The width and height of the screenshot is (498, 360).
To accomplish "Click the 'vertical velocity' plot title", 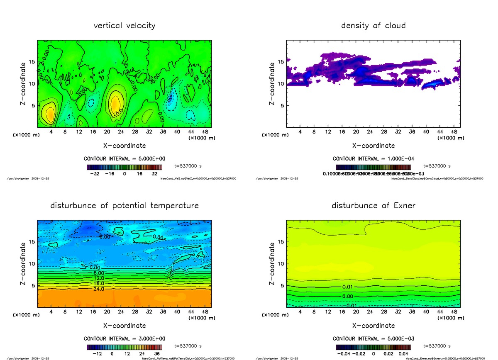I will [x=124, y=26].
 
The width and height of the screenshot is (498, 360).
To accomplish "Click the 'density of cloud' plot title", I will [x=373, y=26].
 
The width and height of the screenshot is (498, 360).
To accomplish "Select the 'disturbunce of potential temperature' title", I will [x=124, y=206].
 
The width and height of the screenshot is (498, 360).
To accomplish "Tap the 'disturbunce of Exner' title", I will [x=373, y=206].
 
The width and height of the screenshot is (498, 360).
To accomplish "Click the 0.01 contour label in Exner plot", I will [x=348, y=287].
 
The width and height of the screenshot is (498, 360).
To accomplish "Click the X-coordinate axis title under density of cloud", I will [x=373, y=146].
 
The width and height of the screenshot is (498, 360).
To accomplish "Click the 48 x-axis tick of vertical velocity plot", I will [x=205, y=131].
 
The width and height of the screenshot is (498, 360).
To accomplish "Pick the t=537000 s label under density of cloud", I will [x=437, y=166].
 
